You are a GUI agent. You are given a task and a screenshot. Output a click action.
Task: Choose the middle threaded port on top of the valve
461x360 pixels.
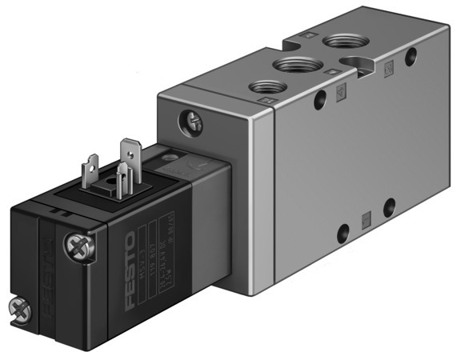point(291,64)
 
